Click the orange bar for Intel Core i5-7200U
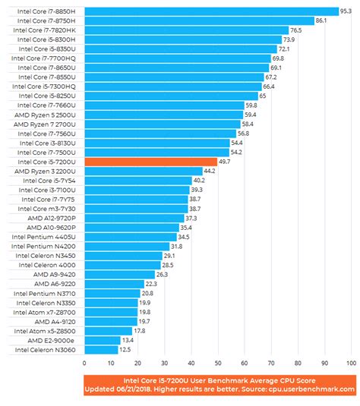[x=150, y=162]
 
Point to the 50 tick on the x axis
[x=218, y=364]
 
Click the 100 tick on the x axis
[x=350, y=364]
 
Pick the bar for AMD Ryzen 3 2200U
[x=143, y=171]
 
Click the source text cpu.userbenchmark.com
[x=312, y=389]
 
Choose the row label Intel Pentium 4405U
[x=47, y=237]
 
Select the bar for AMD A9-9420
[x=119, y=274]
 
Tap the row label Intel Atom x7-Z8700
[x=47, y=312]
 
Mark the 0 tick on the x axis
[x=85, y=364]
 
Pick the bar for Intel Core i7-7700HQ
[x=177, y=58]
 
